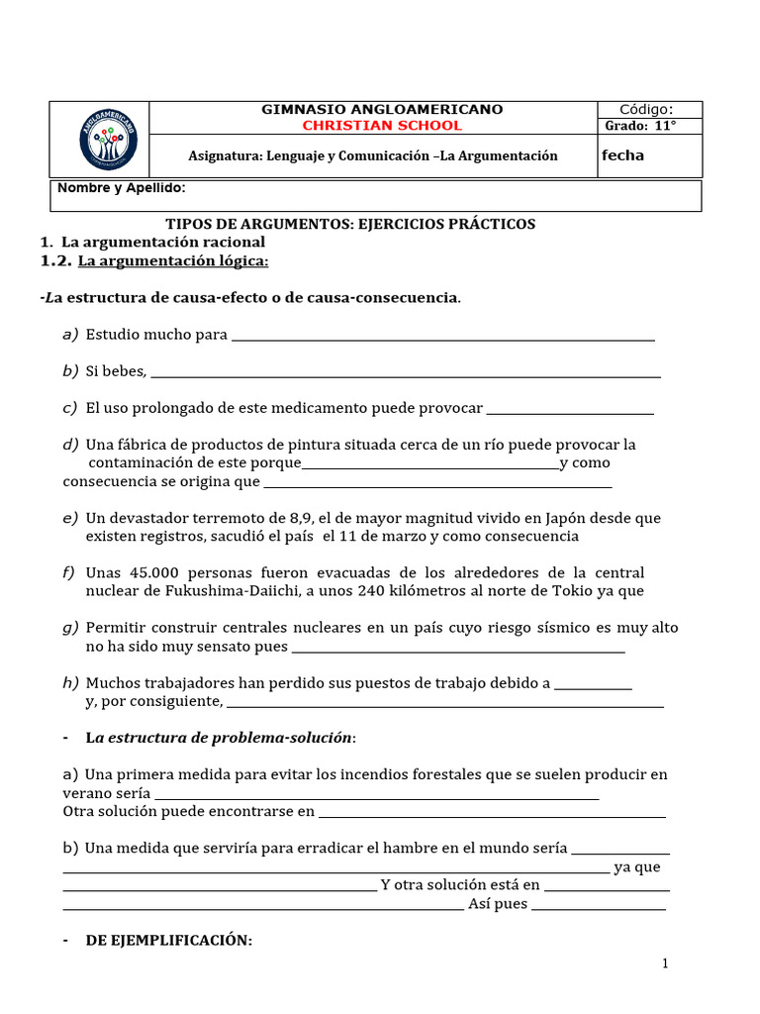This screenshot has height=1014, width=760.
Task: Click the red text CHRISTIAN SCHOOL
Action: (381, 126)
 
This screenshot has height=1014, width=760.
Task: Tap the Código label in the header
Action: (646, 109)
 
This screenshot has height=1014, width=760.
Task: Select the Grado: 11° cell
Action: (640, 126)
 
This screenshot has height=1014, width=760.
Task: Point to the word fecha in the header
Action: (622, 155)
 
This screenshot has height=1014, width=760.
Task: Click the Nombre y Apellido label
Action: (121, 188)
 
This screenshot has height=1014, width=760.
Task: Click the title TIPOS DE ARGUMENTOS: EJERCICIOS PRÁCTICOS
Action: (349, 224)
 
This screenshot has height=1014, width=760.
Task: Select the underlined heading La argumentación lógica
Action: (173, 260)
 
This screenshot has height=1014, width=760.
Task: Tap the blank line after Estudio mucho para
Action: (442, 337)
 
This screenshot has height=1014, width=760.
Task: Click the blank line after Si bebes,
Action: (406, 373)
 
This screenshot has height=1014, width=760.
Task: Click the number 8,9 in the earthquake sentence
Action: (302, 518)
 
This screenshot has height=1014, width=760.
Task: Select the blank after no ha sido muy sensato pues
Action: (459, 649)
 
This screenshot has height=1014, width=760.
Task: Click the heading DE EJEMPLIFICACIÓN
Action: (168, 941)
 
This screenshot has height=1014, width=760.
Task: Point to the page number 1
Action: (666, 963)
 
